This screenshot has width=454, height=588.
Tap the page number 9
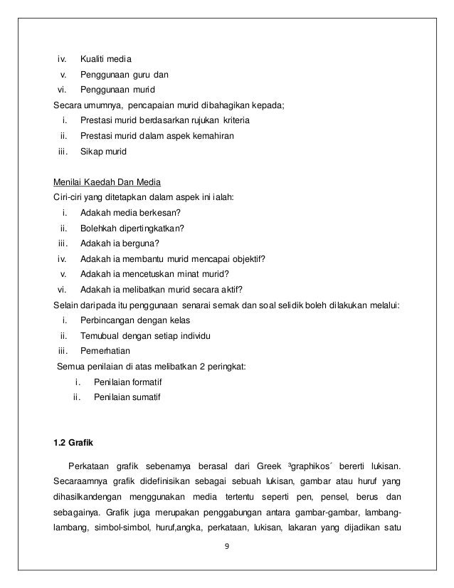tap(226, 547)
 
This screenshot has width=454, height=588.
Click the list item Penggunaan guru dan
tap(125, 73)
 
